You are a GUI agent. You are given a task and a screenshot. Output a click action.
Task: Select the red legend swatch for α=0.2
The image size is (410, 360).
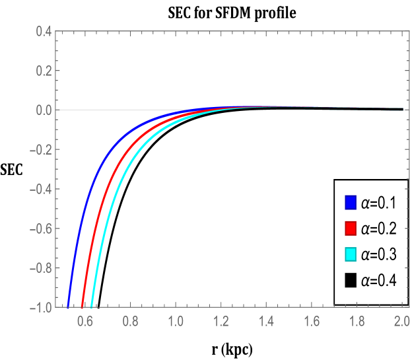(351, 228)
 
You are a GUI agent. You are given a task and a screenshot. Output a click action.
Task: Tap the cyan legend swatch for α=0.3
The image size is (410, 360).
(351, 254)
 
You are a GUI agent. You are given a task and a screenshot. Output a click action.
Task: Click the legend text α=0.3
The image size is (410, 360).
(378, 255)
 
